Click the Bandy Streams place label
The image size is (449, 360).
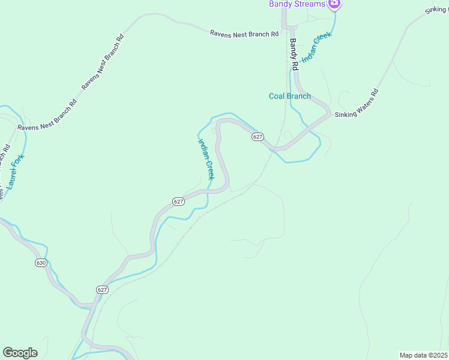click(x=297, y=4)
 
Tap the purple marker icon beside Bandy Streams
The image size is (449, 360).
click(x=335, y=4)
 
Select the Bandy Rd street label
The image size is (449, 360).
click(x=294, y=55)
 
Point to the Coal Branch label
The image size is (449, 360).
click(x=289, y=96)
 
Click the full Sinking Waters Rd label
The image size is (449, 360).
click(x=357, y=104)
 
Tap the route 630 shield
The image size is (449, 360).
click(x=41, y=263)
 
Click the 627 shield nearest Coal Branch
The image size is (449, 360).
click(x=258, y=137)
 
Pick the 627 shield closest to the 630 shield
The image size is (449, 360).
click(x=102, y=289)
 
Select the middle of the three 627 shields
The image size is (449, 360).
click(x=178, y=202)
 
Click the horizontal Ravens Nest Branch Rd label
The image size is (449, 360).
click(x=244, y=34)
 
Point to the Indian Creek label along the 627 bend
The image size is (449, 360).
click(x=206, y=159)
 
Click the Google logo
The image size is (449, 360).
click(x=20, y=353)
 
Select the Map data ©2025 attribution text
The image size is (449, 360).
click(x=424, y=355)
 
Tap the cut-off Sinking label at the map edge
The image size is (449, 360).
click(x=436, y=10)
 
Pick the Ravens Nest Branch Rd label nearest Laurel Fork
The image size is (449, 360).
click(x=47, y=114)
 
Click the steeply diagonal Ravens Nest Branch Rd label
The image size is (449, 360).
click(x=102, y=61)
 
